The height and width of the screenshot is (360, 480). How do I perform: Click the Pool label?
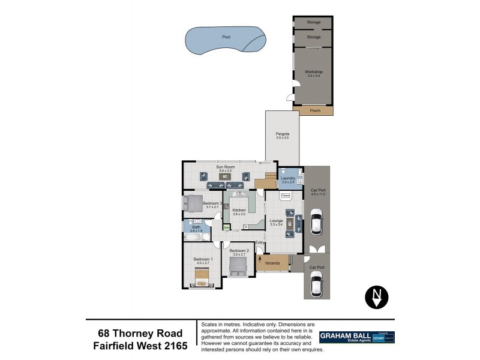226,37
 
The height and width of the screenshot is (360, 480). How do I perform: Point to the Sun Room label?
225,169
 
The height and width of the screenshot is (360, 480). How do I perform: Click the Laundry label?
288,179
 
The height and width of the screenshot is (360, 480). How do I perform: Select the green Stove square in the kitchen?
226,227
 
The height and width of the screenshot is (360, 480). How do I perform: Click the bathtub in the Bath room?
194,238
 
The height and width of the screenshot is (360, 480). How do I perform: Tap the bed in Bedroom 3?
194,203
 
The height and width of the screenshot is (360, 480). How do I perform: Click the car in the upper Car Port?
317,223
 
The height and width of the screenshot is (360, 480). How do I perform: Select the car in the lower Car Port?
317,284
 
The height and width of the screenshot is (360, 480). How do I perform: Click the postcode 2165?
175,346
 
